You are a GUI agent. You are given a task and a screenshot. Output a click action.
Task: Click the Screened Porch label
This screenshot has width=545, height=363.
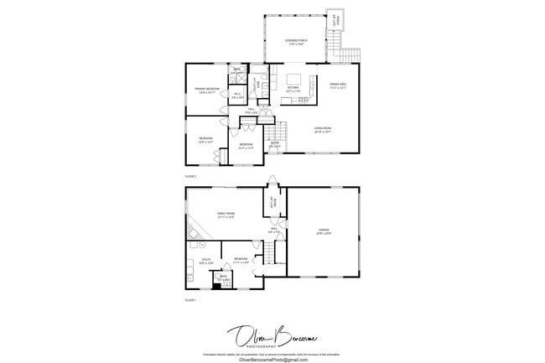[x=295, y=41]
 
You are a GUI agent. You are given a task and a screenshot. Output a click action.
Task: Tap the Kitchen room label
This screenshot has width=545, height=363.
[x=293, y=88]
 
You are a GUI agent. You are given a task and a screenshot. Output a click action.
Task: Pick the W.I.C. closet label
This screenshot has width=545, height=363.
[x=237, y=95]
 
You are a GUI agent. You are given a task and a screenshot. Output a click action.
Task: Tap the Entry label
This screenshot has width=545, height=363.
[x=274, y=143]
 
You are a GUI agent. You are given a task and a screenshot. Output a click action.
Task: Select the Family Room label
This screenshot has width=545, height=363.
[x=226, y=214]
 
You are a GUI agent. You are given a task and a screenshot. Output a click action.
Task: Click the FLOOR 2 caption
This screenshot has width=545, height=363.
[x=190, y=177]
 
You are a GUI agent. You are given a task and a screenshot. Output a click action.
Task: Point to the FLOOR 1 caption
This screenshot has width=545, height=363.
[x=190, y=299]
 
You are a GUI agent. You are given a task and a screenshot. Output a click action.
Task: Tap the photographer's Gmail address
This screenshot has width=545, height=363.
[x=273, y=359]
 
